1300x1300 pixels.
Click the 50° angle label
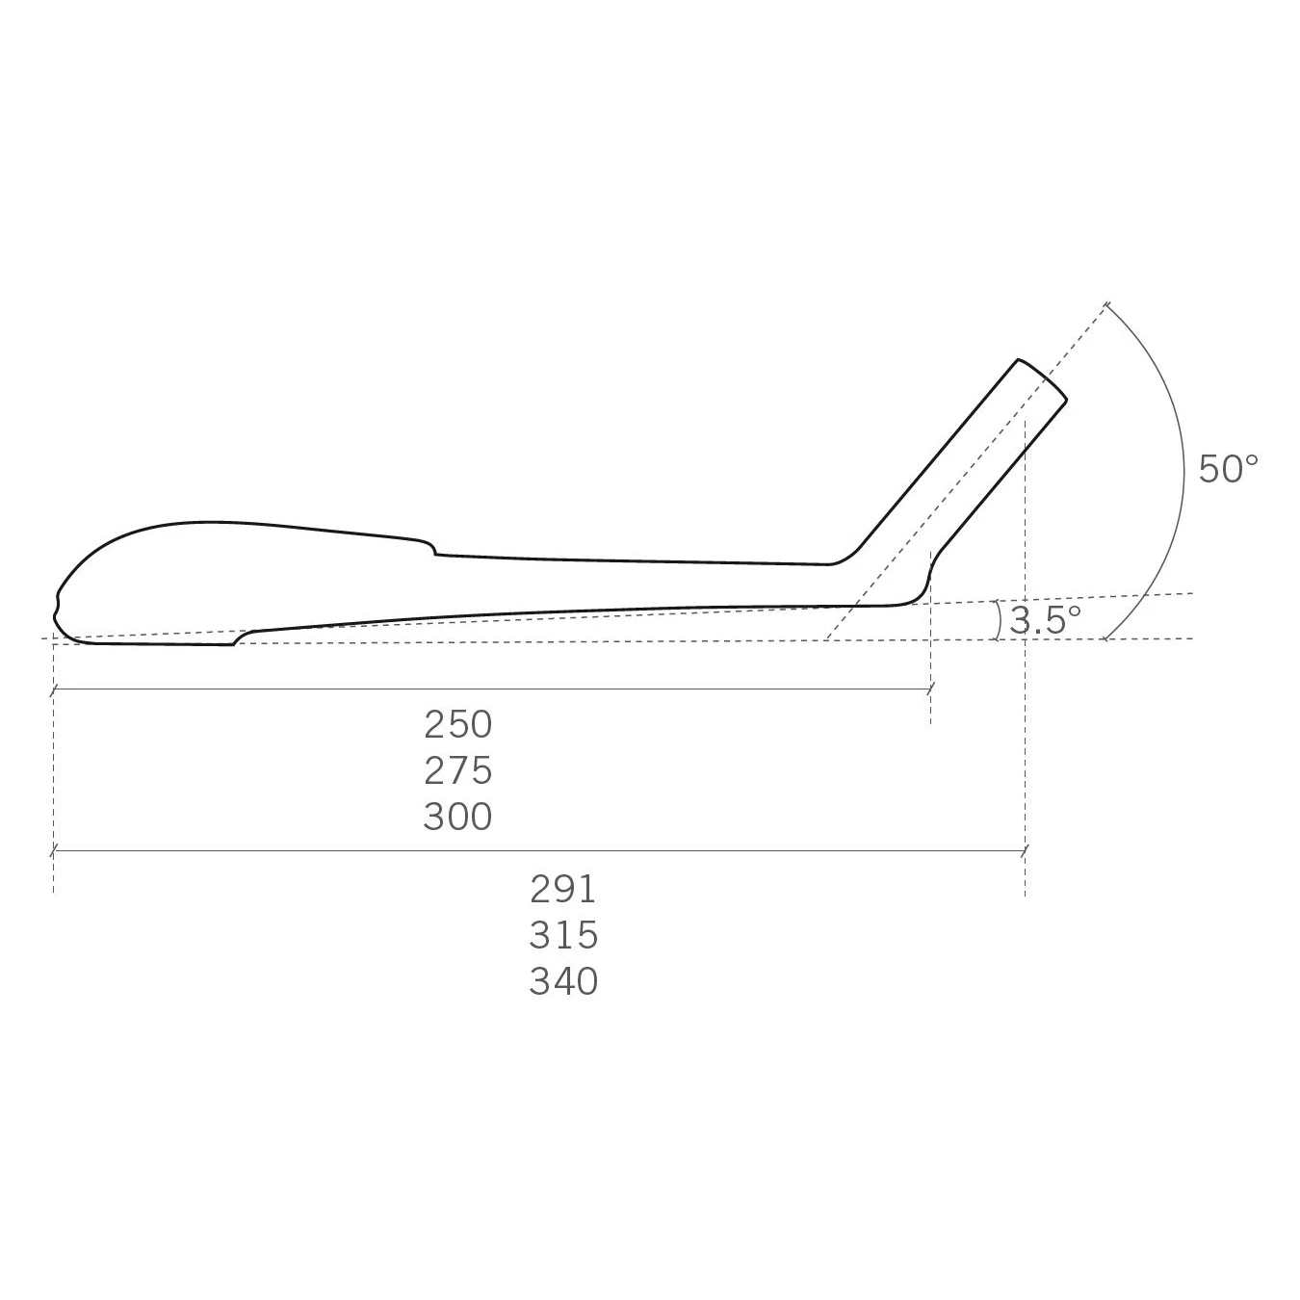(1228, 469)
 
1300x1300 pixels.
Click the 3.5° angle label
(1045, 620)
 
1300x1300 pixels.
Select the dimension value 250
(457, 724)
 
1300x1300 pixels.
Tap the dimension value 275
(457, 770)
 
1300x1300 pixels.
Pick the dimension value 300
(457, 817)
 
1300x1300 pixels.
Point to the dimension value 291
(563, 889)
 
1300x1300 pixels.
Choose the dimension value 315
(563, 935)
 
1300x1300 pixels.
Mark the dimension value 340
(563, 981)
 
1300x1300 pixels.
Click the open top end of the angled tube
(1043, 379)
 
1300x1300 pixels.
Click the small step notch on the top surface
(433, 550)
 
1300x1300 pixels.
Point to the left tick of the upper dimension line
(54, 689)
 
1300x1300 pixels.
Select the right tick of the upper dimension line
(930, 689)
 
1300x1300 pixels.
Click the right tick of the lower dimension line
(1026, 850)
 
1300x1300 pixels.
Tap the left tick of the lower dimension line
(54, 850)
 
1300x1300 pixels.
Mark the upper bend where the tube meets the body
(847, 558)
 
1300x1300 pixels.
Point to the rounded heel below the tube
(920, 593)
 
